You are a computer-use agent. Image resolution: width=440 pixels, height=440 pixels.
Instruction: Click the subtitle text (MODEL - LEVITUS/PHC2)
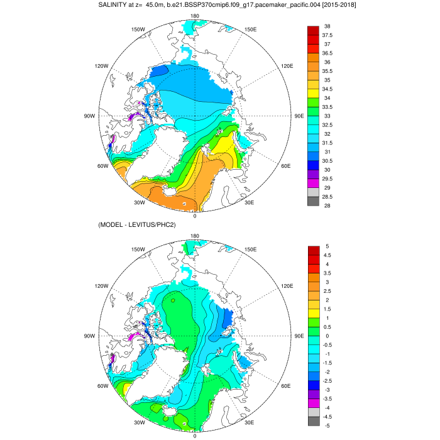click(x=136, y=225)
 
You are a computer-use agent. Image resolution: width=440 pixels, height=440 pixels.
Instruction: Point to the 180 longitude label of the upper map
click(x=195, y=16)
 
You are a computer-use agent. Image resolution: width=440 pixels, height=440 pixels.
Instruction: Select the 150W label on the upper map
click(x=139, y=30)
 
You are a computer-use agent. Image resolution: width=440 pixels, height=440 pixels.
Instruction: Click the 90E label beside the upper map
click(x=299, y=116)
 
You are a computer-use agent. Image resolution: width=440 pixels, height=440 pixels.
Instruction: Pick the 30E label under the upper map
click(x=249, y=202)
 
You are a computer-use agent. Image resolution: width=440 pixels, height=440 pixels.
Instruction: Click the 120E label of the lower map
click(x=287, y=286)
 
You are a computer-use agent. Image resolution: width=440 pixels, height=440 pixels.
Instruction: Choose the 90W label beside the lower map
click(x=90, y=336)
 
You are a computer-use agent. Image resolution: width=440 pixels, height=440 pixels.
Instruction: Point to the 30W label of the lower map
click(x=140, y=422)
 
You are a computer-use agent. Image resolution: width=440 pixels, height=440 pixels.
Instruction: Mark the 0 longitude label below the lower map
click(x=195, y=436)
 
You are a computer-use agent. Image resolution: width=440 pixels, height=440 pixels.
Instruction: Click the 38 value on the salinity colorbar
click(x=327, y=26)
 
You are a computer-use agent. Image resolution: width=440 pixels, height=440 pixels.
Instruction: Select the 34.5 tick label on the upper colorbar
click(x=330, y=89)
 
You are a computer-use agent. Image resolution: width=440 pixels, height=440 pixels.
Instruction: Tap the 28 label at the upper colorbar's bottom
click(x=327, y=206)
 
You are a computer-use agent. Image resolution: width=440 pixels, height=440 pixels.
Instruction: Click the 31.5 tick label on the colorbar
click(x=330, y=143)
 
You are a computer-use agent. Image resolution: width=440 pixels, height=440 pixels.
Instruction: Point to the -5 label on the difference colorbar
click(x=327, y=426)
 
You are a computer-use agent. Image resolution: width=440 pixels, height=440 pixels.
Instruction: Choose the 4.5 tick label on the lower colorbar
click(x=328, y=255)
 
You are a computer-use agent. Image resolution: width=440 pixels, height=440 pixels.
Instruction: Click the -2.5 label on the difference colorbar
click(x=329, y=381)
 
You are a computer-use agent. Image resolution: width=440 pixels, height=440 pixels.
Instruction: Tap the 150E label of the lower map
click(x=251, y=250)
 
